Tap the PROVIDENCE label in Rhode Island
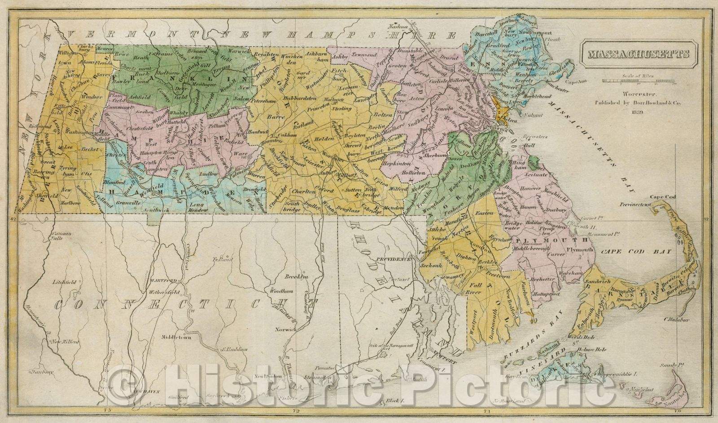click(x=394, y=259)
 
